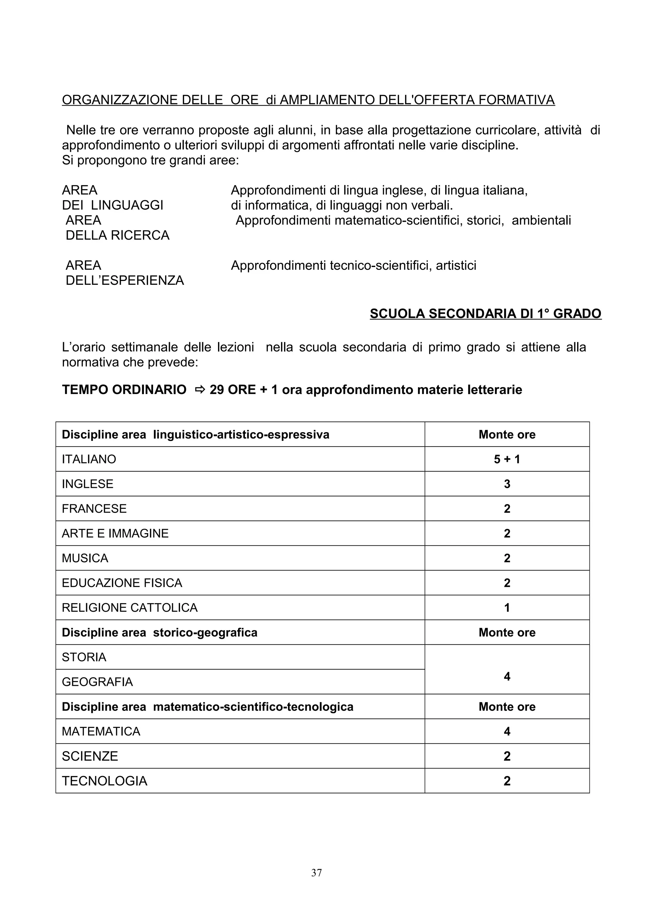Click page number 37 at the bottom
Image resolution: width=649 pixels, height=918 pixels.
tap(316, 872)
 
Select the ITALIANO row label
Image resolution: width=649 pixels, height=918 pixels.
tap(89, 459)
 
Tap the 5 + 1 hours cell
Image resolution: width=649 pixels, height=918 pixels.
tap(507, 459)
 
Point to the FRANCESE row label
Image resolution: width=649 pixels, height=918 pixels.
tap(94, 509)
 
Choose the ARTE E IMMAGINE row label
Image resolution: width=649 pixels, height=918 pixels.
tap(115, 533)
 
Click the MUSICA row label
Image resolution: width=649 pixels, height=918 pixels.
tap(85, 558)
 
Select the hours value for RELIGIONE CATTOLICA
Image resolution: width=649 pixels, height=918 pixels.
tap(507, 608)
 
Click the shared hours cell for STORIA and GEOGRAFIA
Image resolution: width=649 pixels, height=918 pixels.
tap(507, 677)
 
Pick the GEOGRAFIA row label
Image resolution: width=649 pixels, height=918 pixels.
tap(97, 682)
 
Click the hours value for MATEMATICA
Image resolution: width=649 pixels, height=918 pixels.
tap(507, 731)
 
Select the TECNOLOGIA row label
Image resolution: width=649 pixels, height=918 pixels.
tap(104, 781)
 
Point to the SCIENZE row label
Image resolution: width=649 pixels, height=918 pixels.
tap(90, 756)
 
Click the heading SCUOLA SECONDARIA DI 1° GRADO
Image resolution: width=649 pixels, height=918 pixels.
tap(485, 314)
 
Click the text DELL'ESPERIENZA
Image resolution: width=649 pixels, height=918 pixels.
tap(125, 280)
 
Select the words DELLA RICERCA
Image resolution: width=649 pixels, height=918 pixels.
tap(118, 235)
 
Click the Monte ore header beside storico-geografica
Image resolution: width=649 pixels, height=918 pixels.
tap(507, 633)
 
